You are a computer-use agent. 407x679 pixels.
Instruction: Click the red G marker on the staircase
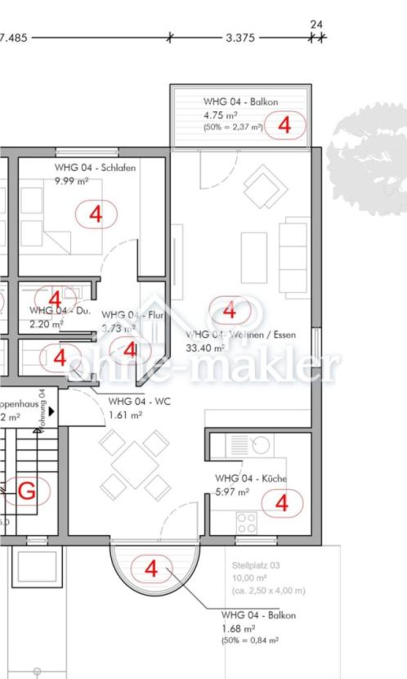(27, 491)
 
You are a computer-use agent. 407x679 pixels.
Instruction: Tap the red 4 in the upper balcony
(284, 125)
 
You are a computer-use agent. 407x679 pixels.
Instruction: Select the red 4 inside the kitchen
(282, 502)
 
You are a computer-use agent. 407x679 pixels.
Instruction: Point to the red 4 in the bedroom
(97, 214)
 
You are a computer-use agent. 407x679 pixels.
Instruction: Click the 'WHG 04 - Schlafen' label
(96, 168)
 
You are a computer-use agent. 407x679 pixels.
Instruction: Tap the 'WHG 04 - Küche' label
(251, 478)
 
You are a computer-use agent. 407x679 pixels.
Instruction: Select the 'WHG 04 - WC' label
(140, 402)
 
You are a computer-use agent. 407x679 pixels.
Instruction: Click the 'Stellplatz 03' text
(254, 565)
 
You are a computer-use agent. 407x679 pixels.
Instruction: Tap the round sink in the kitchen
(262, 446)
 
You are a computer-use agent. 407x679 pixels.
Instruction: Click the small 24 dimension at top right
(317, 25)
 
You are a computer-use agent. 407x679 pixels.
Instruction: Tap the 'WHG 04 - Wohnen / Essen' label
(241, 335)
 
